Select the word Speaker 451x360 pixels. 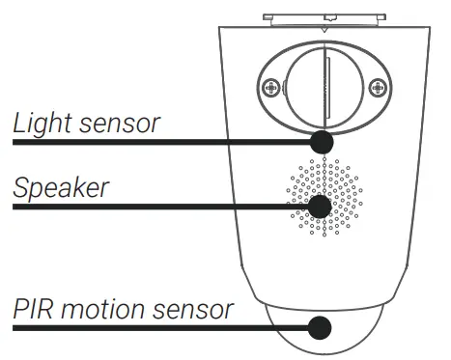(x=61, y=188)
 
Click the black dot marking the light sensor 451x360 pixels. (x=321, y=142)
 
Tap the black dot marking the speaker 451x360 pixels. (x=319, y=207)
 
